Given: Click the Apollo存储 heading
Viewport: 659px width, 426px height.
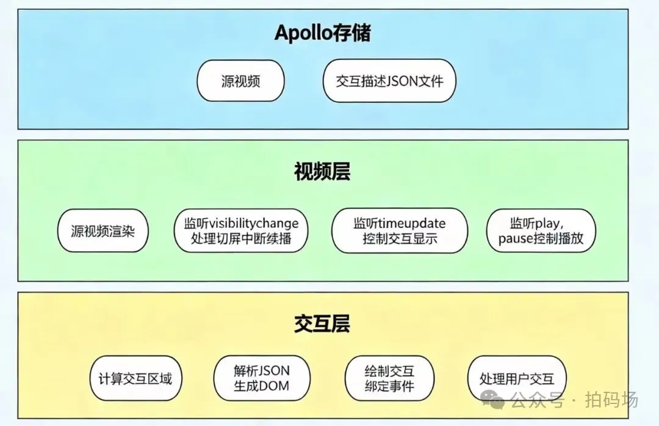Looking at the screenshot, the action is tap(322, 32).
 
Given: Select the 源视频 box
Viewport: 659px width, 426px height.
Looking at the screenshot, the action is tap(240, 81).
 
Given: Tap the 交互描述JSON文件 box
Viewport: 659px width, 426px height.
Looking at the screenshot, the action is tap(389, 81).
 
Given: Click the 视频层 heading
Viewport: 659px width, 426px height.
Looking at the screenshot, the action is tap(322, 172).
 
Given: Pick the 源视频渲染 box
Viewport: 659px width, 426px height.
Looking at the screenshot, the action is tap(103, 231).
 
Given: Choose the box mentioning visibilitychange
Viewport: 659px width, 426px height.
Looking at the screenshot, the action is tap(241, 230).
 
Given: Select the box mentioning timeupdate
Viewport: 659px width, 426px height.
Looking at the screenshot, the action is tap(400, 230).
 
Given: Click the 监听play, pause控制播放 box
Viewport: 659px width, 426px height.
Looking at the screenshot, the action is tap(541, 230).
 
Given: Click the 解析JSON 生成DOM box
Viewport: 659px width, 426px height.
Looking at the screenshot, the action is tap(262, 378).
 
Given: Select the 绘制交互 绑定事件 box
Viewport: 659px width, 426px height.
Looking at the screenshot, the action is tap(389, 378).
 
